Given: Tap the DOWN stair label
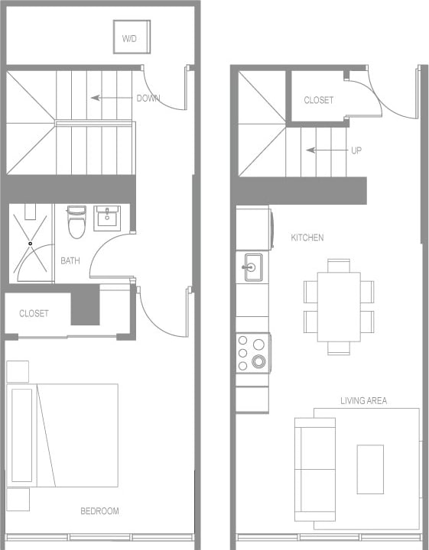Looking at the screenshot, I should [148, 98].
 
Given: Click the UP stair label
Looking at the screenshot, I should [356, 150].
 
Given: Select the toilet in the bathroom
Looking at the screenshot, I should [76, 223].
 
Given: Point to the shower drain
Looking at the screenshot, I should [31, 244].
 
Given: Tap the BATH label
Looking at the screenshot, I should [70, 260].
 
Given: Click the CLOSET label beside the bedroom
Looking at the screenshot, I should [34, 313].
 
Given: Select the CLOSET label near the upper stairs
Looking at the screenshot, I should [318, 100].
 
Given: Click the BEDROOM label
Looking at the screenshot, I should [99, 511].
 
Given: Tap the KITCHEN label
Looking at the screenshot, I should [307, 238].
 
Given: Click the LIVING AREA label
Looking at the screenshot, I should [363, 400].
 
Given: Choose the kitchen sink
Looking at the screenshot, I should [252, 267].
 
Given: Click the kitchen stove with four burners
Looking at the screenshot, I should [252, 353].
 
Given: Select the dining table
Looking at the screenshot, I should [339, 306].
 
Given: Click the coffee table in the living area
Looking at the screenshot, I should [370, 469].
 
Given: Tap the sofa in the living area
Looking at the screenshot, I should [314, 469].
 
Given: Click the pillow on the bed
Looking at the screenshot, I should [22, 435].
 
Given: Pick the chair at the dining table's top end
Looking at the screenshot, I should [339, 265].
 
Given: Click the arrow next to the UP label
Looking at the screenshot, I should [326, 150].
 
